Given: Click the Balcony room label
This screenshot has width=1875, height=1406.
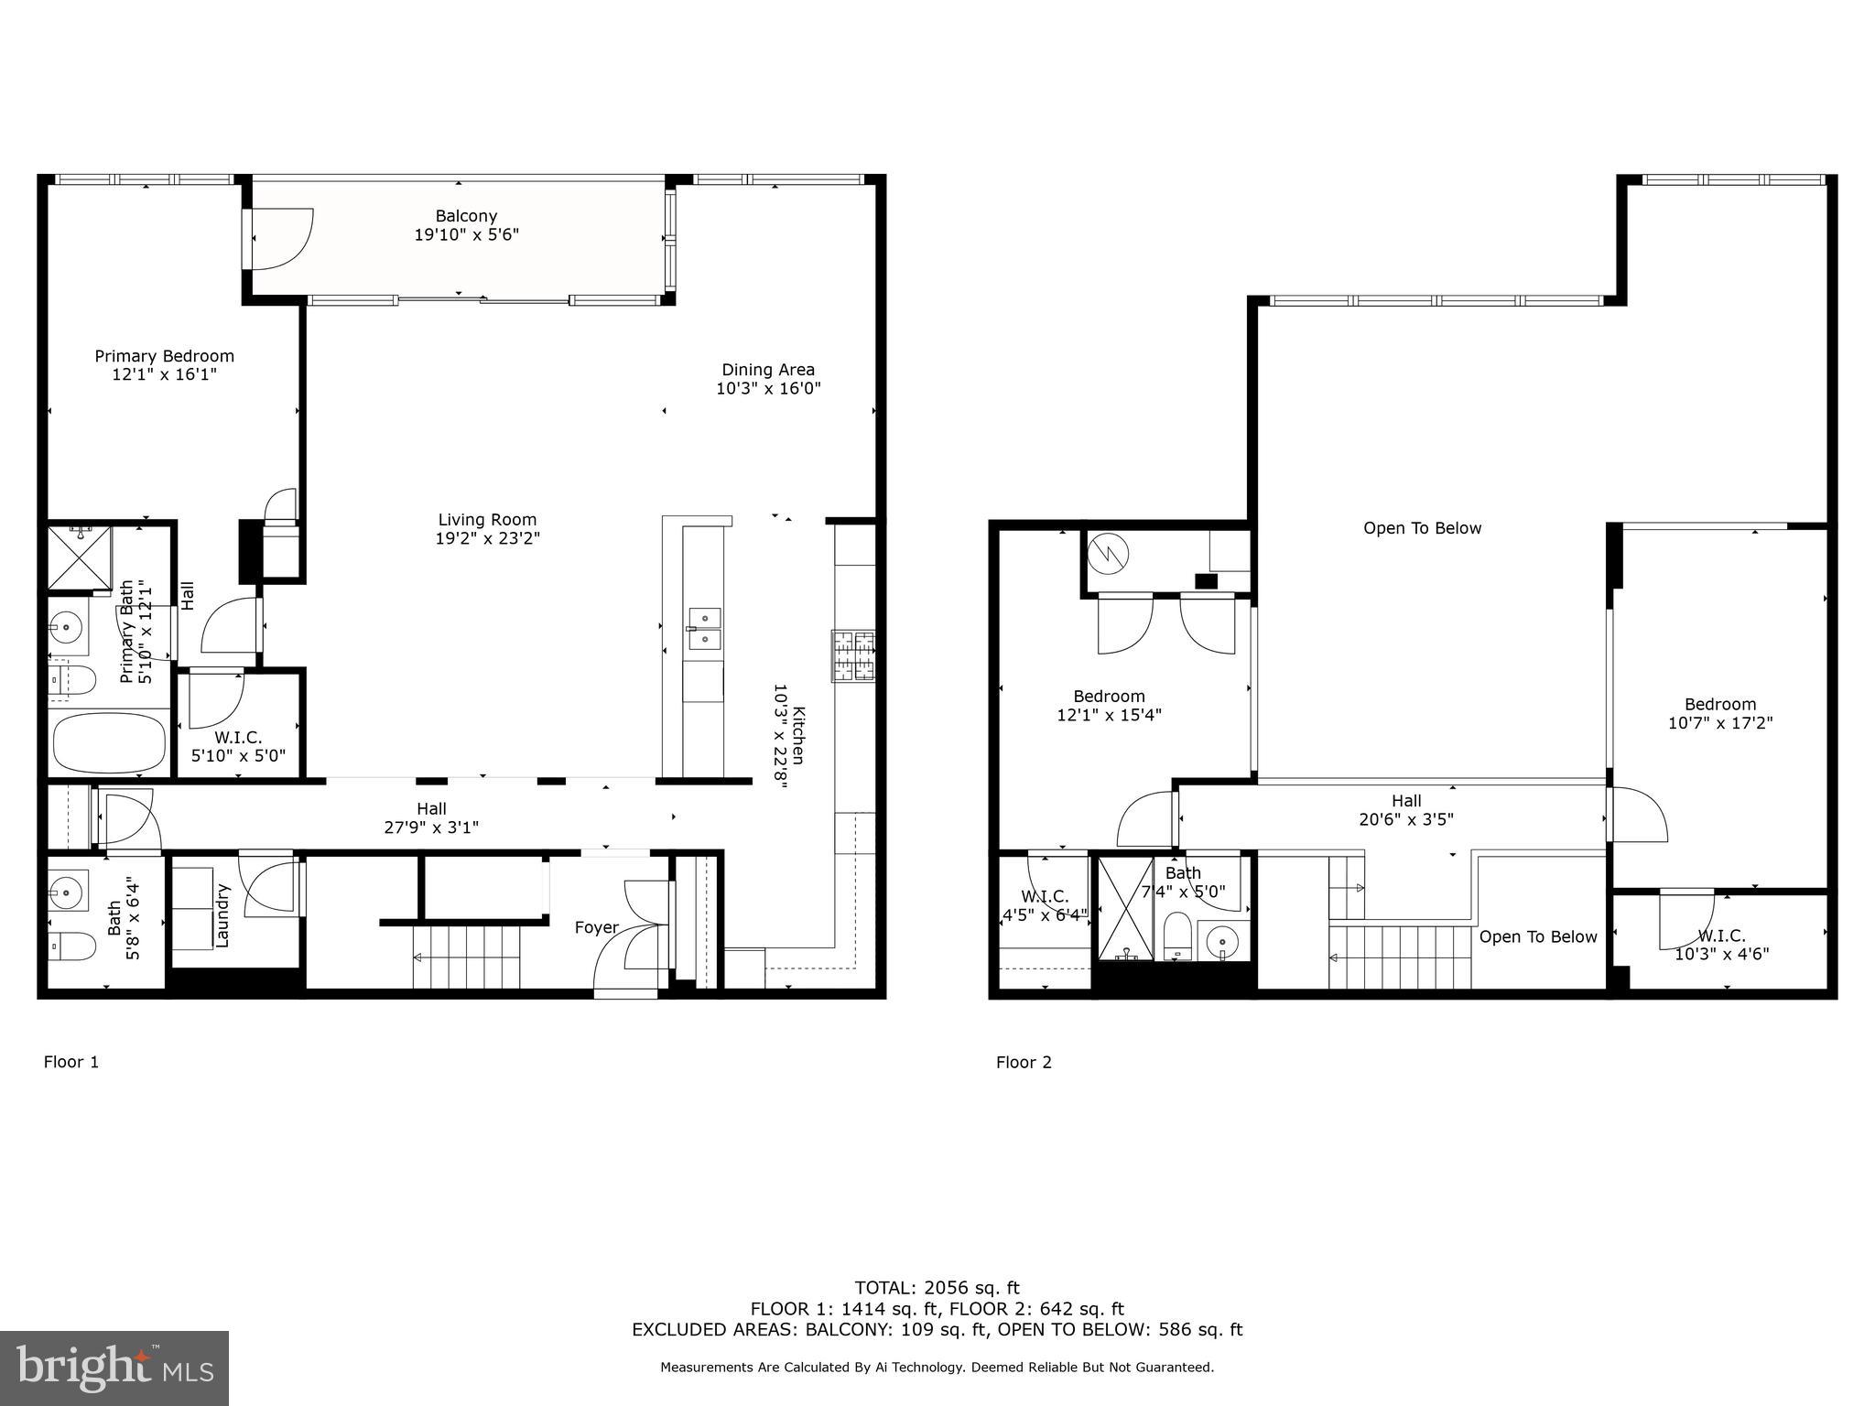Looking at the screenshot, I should click(x=466, y=216).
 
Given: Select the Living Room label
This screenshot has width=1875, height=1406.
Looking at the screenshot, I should click(x=487, y=520).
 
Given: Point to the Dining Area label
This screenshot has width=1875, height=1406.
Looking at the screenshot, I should click(x=767, y=370).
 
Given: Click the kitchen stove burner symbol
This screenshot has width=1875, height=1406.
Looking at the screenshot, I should click(x=852, y=656).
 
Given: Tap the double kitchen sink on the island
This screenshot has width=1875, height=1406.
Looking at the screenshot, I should click(x=704, y=628).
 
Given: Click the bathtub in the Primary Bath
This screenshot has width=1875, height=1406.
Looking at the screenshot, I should click(x=109, y=743).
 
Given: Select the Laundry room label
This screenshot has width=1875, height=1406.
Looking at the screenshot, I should click(x=222, y=914).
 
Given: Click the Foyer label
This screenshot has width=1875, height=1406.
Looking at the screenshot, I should click(x=596, y=927).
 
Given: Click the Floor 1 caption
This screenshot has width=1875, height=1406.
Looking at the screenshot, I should click(x=71, y=1062).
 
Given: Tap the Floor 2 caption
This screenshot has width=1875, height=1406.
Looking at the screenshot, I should click(x=1024, y=1062).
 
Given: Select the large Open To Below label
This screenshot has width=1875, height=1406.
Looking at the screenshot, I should click(x=1422, y=528).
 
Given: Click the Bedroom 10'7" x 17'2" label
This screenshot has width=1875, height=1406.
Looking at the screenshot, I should click(x=1719, y=713).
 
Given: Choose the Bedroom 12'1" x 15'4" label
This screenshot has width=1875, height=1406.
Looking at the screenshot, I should click(x=1109, y=705).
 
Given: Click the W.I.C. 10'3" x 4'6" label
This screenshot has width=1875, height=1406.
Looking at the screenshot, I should click(x=1721, y=945).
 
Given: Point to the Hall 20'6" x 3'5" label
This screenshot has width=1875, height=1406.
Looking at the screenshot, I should click(x=1406, y=810).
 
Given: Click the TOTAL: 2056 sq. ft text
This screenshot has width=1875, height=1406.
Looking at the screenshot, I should click(x=937, y=1288).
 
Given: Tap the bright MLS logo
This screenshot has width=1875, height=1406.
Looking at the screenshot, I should click(x=114, y=1368).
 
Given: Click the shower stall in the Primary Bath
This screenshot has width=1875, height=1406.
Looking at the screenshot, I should click(x=79, y=557).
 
